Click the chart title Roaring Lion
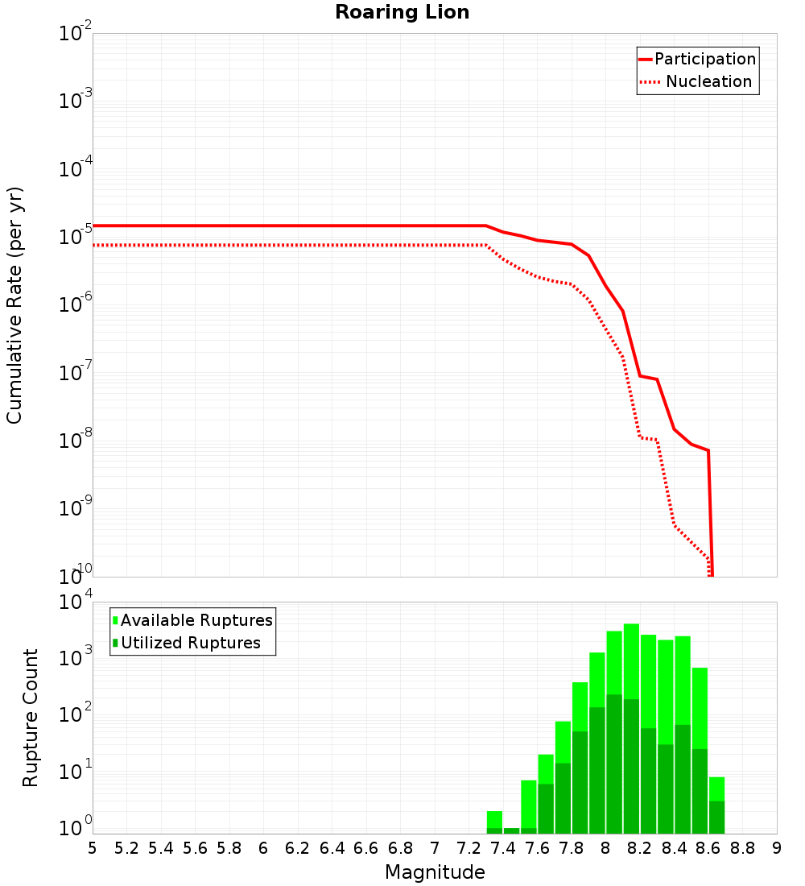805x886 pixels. tap(402, 12)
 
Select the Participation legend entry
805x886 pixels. tap(697, 59)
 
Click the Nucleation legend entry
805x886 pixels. tap(697, 81)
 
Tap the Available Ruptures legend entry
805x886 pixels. tap(193, 620)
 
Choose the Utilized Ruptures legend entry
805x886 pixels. tap(187, 643)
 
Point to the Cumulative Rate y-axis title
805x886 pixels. tap(14, 305)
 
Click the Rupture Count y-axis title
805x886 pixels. tap(31, 718)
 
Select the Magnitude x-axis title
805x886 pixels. tap(435, 872)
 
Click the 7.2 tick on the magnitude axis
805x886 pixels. tap(469, 848)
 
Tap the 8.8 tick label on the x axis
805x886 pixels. tap(743, 848)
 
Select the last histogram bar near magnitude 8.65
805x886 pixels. tap(716, 805)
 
